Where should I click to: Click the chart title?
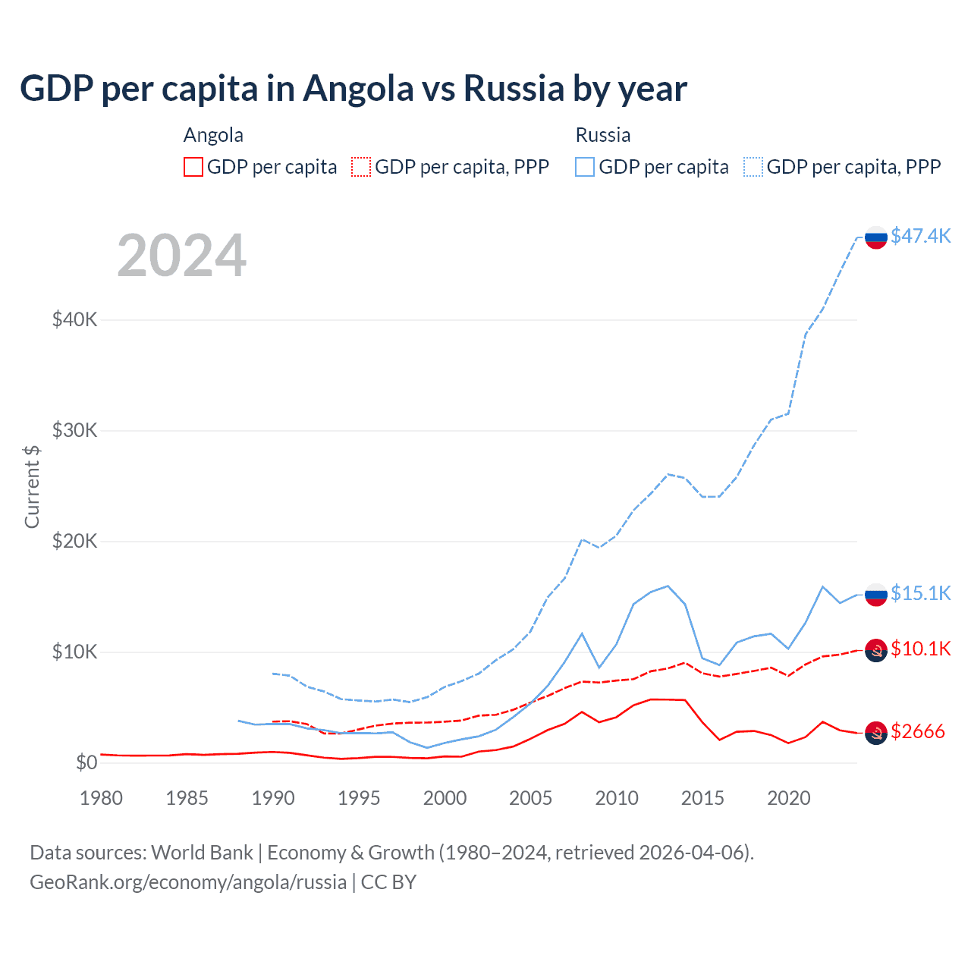354,89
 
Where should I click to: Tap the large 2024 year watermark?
182,256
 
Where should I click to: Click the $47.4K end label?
920,236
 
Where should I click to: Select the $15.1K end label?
920,593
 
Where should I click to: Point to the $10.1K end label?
920,649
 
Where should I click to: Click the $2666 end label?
918,731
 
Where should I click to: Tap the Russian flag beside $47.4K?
876,237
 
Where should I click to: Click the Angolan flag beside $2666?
876,733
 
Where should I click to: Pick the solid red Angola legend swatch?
193,167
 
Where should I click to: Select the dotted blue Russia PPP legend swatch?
753,167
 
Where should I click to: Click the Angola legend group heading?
213,135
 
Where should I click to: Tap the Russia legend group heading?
603,135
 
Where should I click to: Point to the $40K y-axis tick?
74,319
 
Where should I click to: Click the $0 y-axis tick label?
86,762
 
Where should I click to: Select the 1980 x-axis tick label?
101,798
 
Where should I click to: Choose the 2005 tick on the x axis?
531,798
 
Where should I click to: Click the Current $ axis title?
32,486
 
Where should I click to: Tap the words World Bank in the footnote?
202,853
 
